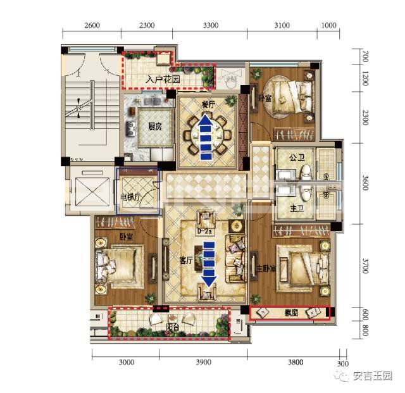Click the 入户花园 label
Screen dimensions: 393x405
pyautogui.click(x=163, y=80)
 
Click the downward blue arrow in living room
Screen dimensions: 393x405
pyautogui.click(x=208, y=262)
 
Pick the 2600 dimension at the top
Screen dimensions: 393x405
pyautogui.click(x=91, y=25)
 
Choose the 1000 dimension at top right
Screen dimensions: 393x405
pyautogui.click(x=328, y=25)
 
